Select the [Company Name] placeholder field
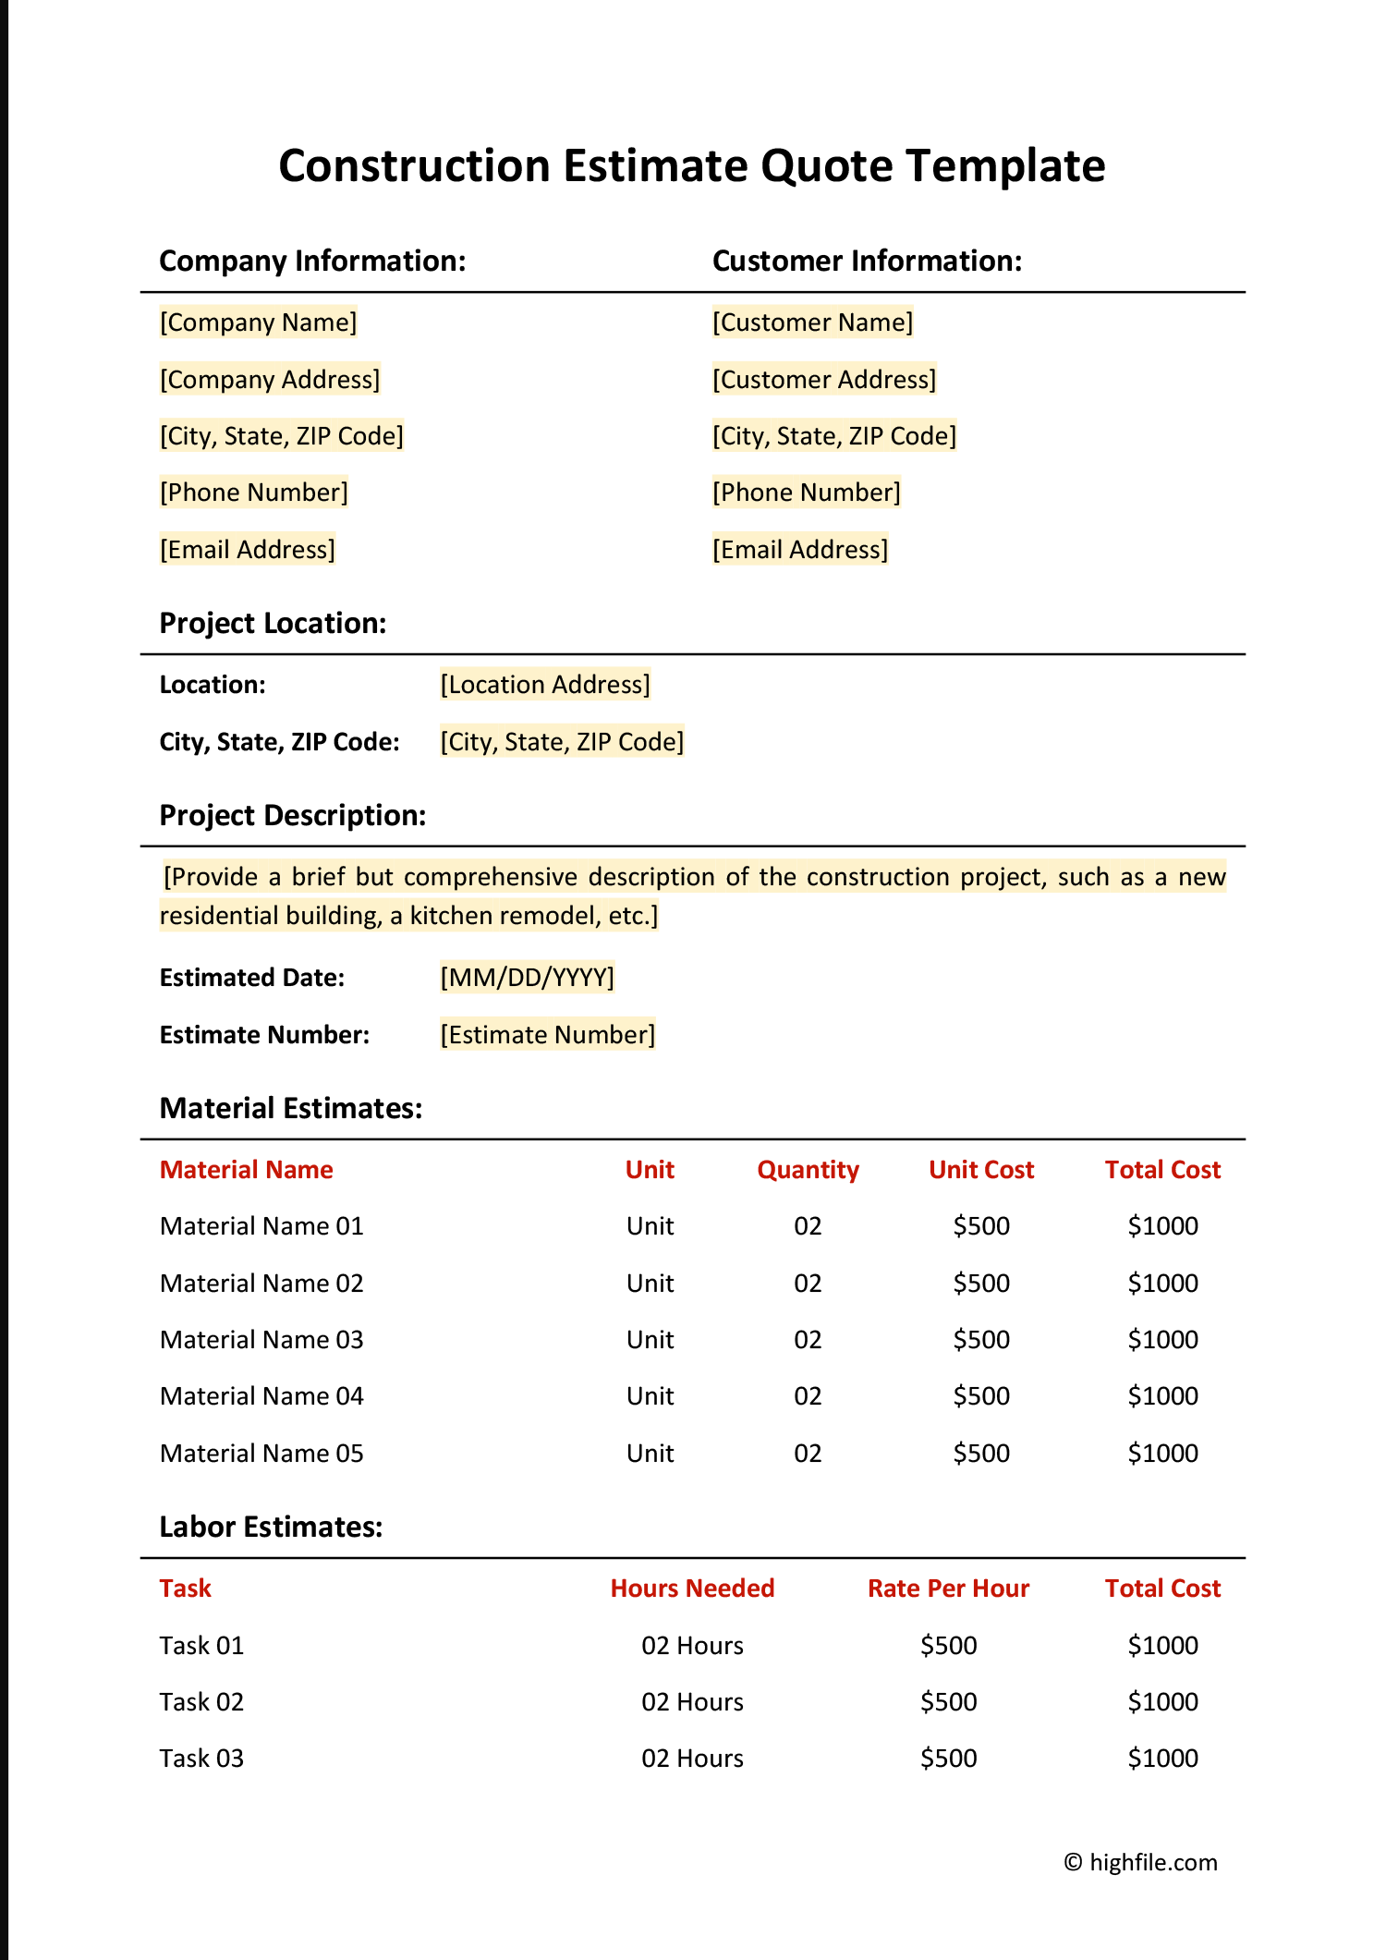pyautogui.click(x=258, y=323)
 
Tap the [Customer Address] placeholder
pyautogui.click(x=823, y=380)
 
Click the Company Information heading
pyautogui.click(x=312, y=262)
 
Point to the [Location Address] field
pyautogui.click(x=544, y=685)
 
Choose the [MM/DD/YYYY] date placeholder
pyautogui.click(x=527, y=978)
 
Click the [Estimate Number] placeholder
pyautogui.click(x=547, y=1035)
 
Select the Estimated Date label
pyautogui.click(x=251, y=978)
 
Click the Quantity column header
pyautogui.click(x=808, y=1170)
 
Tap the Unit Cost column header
pyautogui.click(x=980, y=1170)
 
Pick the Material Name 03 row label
pyautogui.click(x=261, y=1340)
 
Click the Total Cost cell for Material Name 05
pyautogui.click(x=1162, y=1454)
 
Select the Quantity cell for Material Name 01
pyautogui.click(x=808, y=1226)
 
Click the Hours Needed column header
pyautogui.click(x=692, y=1589)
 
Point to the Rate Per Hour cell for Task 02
pyautogui.click(x=948, y=1702)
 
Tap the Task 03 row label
pyautogui.click(x=201, y=1759)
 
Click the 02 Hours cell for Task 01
pyautogui.click(x=692, y=1646)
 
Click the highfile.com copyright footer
pyautogui.click(x=1140, y=1863)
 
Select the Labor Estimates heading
pyautogui.click(x=271, y=1528)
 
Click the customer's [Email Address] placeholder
pyautogui.click(x=799, y=550)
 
